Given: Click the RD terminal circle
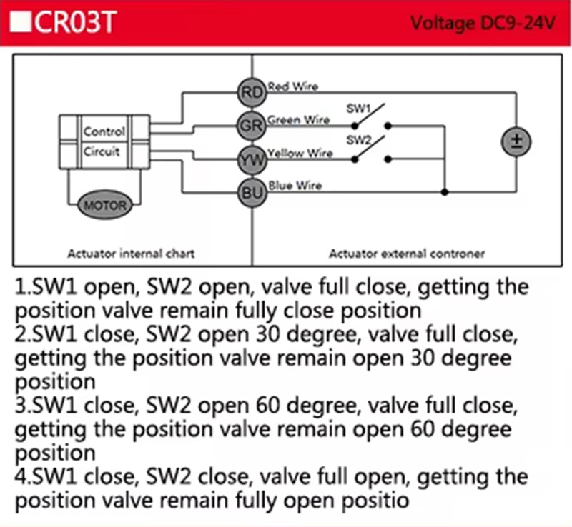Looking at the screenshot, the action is tap(252, 93).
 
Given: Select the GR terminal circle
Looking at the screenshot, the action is tap(252, 126).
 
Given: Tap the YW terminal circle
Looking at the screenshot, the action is tap(252, 159).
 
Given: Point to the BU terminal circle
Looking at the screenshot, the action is tap(252, 192).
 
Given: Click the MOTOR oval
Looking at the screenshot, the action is tap(104, 205).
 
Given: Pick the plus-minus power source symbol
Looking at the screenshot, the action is tap(516, 142).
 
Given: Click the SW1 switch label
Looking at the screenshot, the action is tap(358, 109).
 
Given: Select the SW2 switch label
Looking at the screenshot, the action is tap(358, 139).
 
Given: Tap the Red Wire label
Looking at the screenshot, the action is tap(293, 86).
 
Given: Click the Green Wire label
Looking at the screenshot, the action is tap(298, 119).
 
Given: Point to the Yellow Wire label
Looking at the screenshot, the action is tap(300, 153).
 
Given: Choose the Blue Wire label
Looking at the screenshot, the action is tap(295, 186).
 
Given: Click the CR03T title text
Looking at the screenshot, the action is tap(76, 22).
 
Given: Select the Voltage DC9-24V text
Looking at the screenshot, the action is tap(483, 24).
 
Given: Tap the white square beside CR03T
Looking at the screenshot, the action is tap(21, 23).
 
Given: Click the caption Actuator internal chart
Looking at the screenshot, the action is tap(131, 254).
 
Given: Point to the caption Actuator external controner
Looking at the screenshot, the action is tap(407, 254).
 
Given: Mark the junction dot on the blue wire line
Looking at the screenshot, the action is tap(444, 191).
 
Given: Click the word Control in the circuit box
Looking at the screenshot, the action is tap(104, 131).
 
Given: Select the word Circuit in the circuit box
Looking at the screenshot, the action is tap(102, 151).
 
